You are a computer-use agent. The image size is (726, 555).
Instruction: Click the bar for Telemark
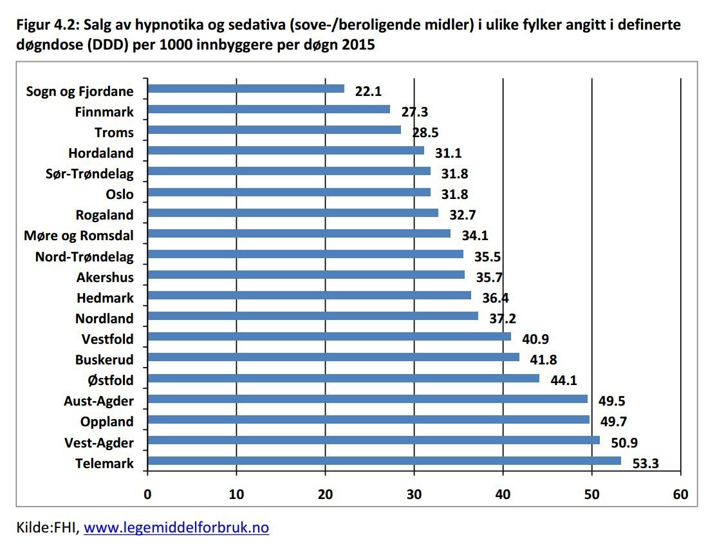(x=384, y=461)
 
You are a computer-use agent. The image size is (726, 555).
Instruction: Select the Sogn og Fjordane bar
(x=246, y=89)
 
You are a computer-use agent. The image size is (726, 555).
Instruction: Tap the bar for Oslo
(x=289, y=192)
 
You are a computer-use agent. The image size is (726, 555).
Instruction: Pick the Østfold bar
(x=343, y=379)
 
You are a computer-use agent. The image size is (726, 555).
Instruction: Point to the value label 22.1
(x=368, y=91)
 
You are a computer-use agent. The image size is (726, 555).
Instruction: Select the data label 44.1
(x=564, y=380)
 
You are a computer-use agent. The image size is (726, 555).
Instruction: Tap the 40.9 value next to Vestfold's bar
(x=535, y=339)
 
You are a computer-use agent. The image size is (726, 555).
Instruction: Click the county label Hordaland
(x=101, y=153)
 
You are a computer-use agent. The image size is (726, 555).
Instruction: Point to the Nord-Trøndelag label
(x=84, y=257)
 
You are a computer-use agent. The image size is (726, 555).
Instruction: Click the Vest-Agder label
(x=99, y=442)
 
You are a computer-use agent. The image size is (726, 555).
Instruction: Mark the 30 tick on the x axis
(x=414, y=494)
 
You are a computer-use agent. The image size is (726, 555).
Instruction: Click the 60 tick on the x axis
(x=680, y=494)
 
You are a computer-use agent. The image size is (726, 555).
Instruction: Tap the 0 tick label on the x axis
(x=148, y=494)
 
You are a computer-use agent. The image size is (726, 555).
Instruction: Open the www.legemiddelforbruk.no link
(x=176, y=528)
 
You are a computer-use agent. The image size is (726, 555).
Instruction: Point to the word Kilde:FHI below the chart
(x=47, y=528)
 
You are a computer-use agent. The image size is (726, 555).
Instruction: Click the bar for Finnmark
(x=269, y=109)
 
